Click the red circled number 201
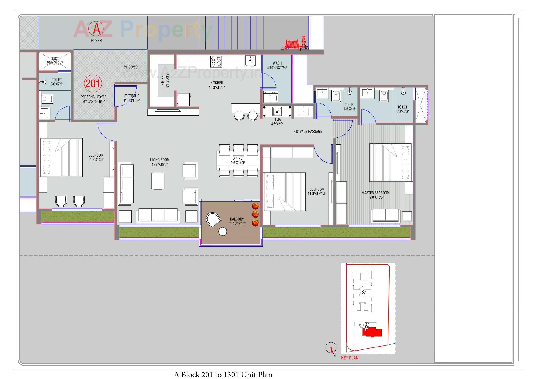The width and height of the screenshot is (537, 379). [x=93, y=84]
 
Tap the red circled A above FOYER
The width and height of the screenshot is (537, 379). [x=96, y=28]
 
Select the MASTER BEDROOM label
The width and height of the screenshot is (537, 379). [x=375, y=193]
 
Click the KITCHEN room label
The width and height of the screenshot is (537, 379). [x=217, y=83]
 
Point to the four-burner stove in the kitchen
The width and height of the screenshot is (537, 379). [x=216, y=61]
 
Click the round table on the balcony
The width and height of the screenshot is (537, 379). [x=223, y=232]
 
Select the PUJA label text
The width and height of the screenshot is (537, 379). [x=277, y=120]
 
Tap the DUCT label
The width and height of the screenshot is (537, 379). [x=55, y=59]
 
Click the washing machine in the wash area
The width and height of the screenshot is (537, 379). [x=271, y=97]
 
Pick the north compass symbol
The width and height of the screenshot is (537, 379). [x=331, y=348]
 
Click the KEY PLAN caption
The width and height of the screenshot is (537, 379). [x=350, y=358]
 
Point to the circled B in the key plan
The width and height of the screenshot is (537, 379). [x=362, y=292]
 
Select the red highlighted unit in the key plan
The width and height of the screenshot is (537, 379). [x=372, y=333]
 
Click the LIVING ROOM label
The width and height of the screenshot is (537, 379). [x=160, y=160]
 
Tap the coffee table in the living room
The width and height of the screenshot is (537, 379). [x=158, y=181]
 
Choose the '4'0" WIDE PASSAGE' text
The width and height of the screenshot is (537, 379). [x=308, y=132]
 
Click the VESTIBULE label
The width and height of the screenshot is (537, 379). [x=131, y=96]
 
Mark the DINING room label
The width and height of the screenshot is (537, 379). [x=237, y=158]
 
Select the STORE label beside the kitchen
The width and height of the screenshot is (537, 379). [x=163, y=81]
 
